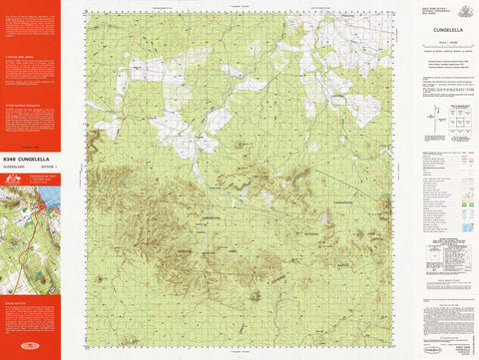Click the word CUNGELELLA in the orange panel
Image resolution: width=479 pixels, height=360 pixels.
[x=37, y=158]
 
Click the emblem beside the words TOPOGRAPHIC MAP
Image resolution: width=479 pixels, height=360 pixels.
[x=11, y=180]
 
